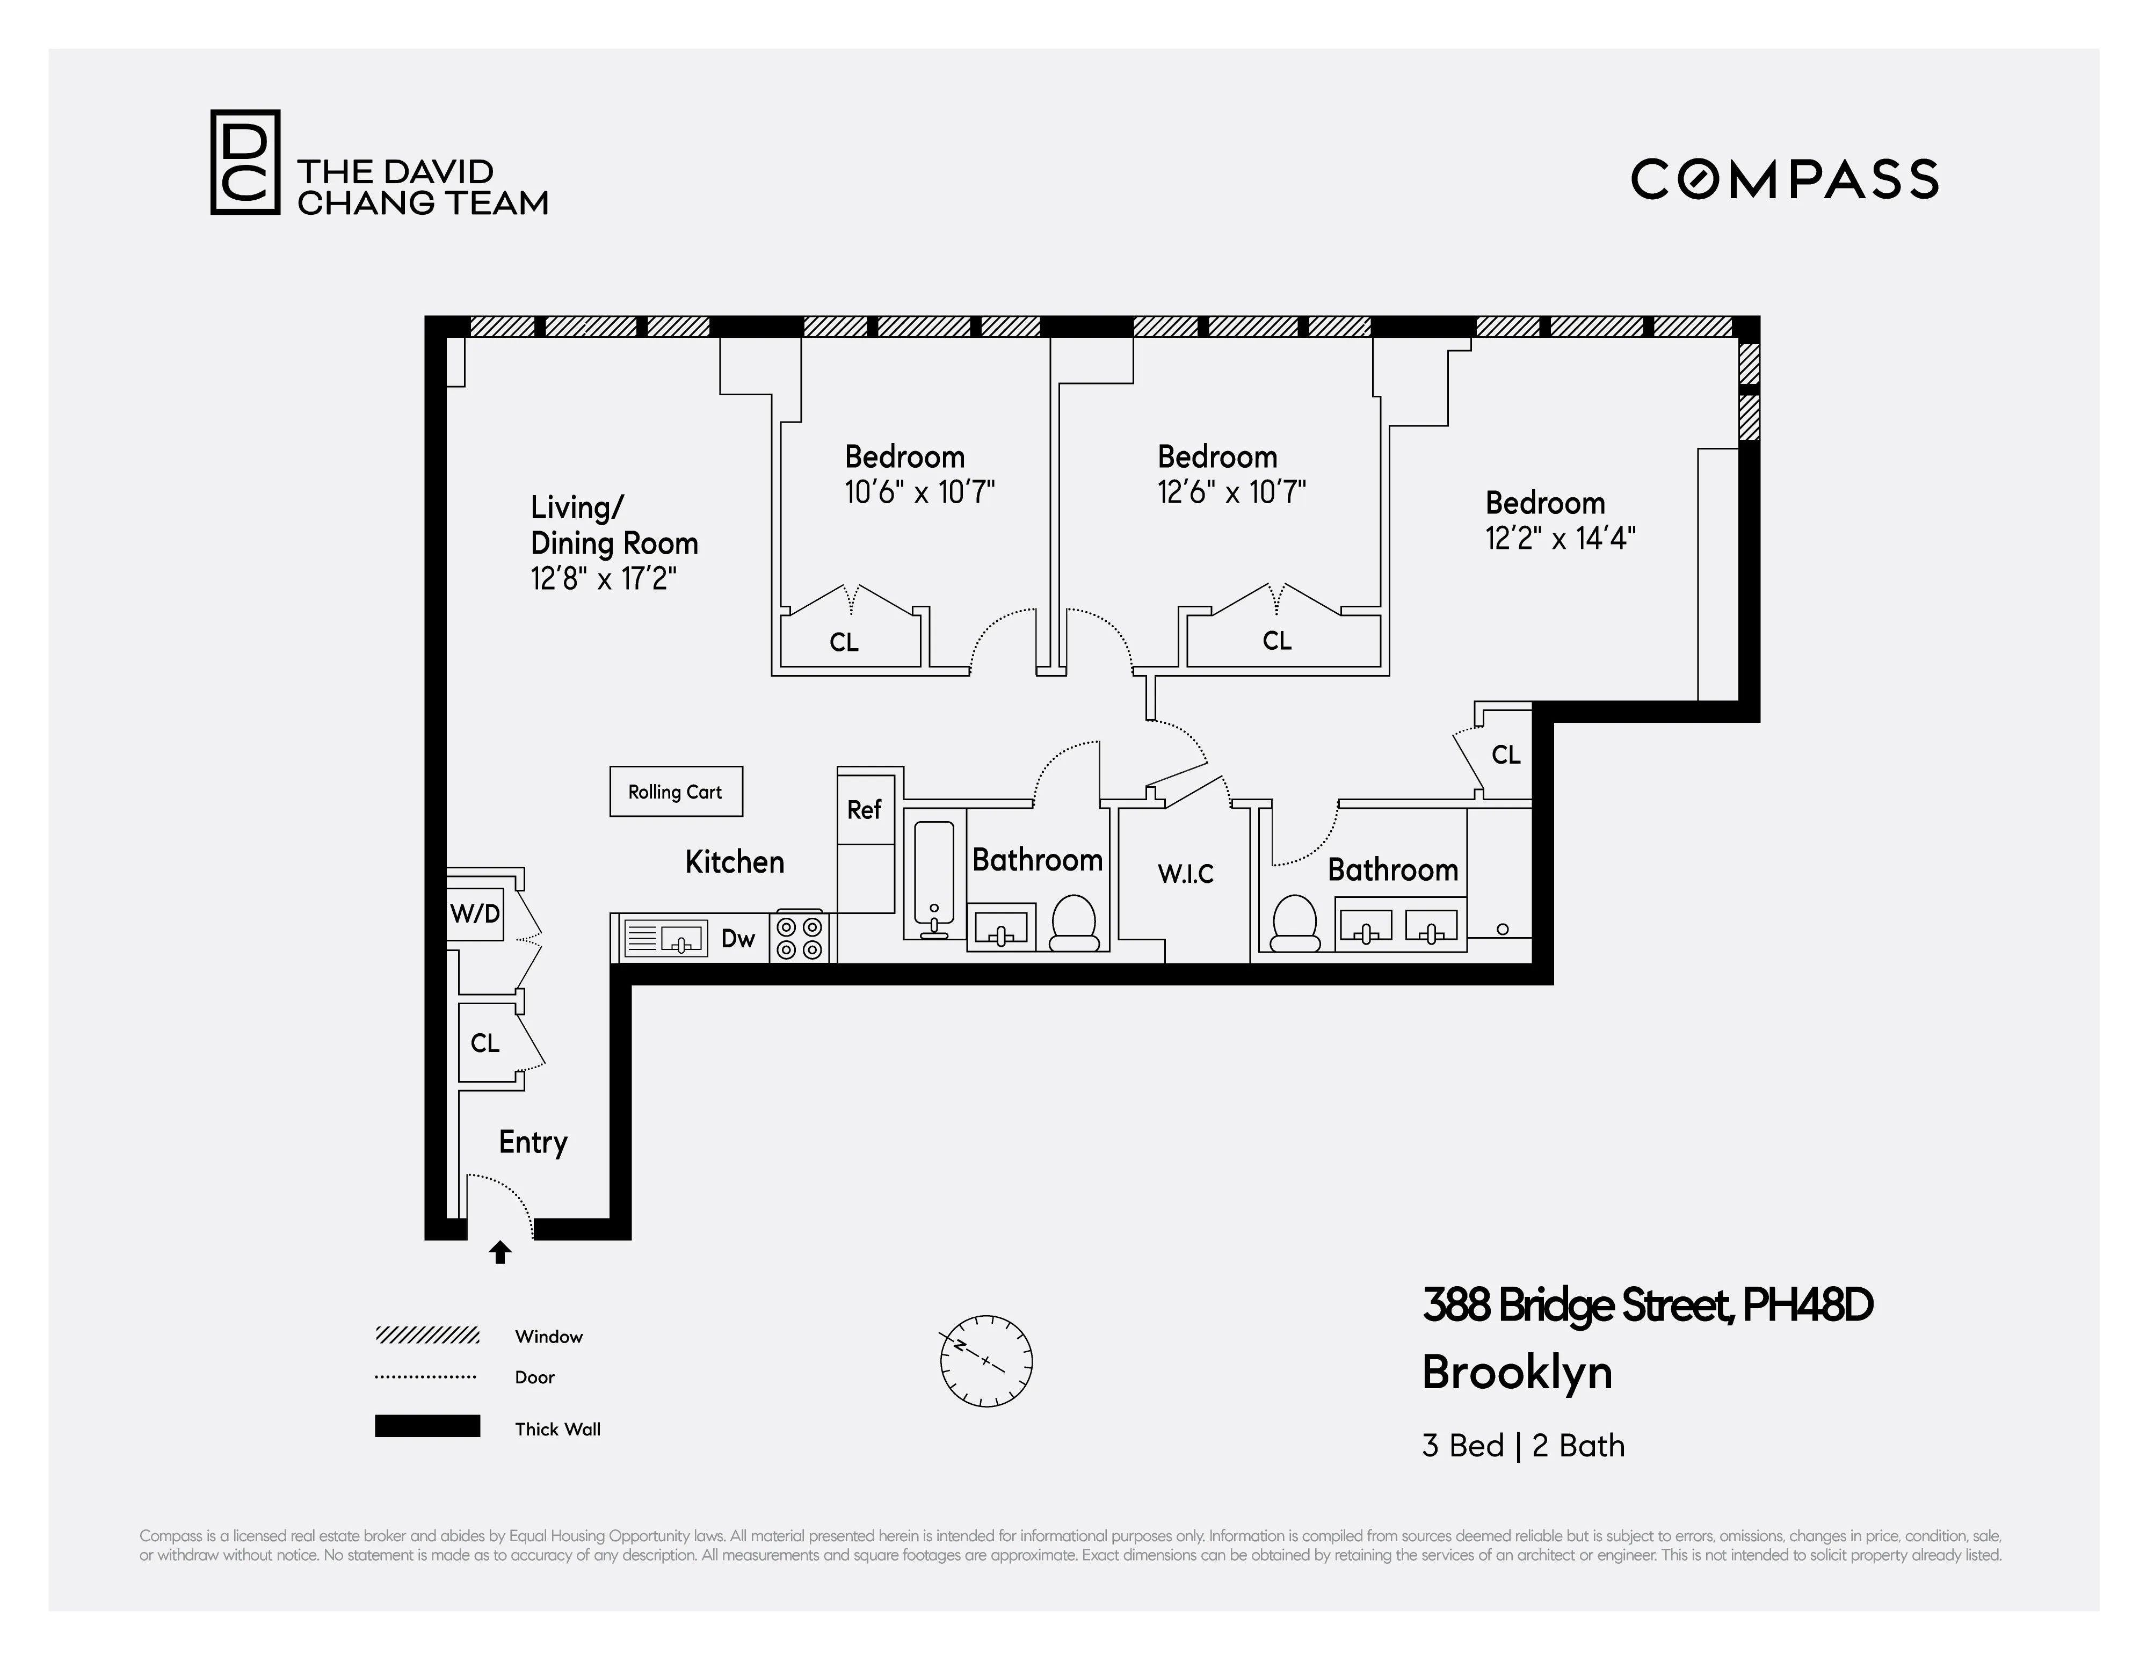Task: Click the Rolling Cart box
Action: [x=676, y=791]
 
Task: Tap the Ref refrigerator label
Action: [x=864, y=810]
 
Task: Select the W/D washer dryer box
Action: [x=475, y=914]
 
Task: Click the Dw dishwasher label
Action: [x=737, y=939]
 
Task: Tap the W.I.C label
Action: [x=1186, y=874]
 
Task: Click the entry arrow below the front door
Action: [x=501, y=1252]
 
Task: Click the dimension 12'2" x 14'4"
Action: [x=1560, y=539]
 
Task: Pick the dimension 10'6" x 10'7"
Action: [x=919, y=491]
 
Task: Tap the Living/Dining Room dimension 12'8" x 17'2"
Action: [x=604, y=579]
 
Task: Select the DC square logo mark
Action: [x=245, y=162]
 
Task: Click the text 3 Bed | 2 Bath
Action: [x=1523, y=1446]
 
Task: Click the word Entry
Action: [x=533, y=1142]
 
